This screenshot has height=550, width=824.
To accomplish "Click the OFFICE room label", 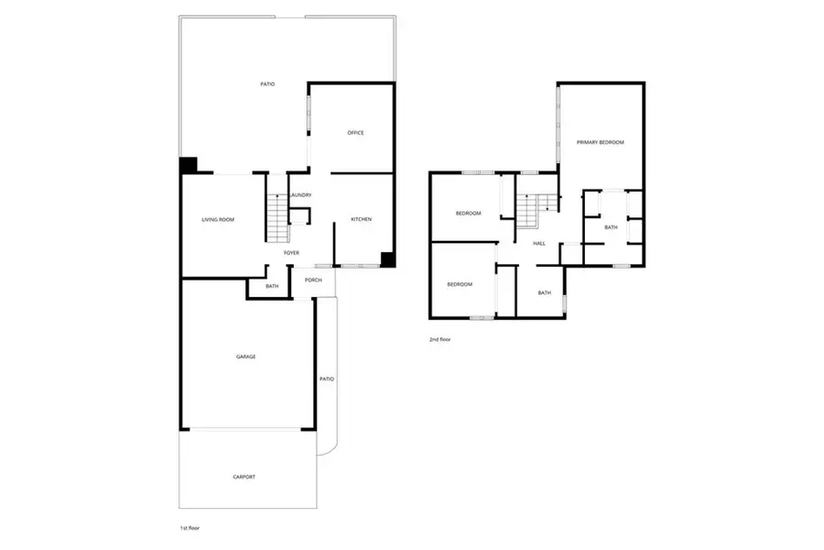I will click(x=355, y=133).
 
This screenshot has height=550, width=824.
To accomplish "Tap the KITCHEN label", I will click(x=361, y=219).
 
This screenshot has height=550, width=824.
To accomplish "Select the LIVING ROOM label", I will click(x=219, y=219).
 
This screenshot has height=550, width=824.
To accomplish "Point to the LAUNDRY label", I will click(x=300, y=194).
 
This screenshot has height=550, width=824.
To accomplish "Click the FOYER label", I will click(x=291, y=252).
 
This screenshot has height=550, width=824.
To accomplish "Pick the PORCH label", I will click(x=313, y=280).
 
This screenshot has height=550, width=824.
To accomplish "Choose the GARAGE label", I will click(x=245, y=356).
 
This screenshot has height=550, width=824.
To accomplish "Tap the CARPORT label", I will click(x=244, y=477).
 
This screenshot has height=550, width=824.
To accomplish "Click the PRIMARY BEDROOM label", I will click(x=600, y=142).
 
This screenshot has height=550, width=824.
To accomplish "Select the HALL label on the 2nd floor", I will click(x=539, y=243).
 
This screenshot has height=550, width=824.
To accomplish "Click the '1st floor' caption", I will click(x=189, y=529).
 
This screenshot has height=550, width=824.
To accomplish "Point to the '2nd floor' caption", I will click(x=439, y=339).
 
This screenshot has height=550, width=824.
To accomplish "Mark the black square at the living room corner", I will click(x=188, y=165).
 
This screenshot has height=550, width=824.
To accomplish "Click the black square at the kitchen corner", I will click(x=388, y=259).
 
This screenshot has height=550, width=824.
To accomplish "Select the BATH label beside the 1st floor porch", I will click(x=272, y=287).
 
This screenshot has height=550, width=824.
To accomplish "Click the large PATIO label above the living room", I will click(x=266, y=84).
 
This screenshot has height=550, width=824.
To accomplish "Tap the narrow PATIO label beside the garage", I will click(x=325, y=379).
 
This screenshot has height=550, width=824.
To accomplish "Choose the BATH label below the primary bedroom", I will click(x=611, y=227).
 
